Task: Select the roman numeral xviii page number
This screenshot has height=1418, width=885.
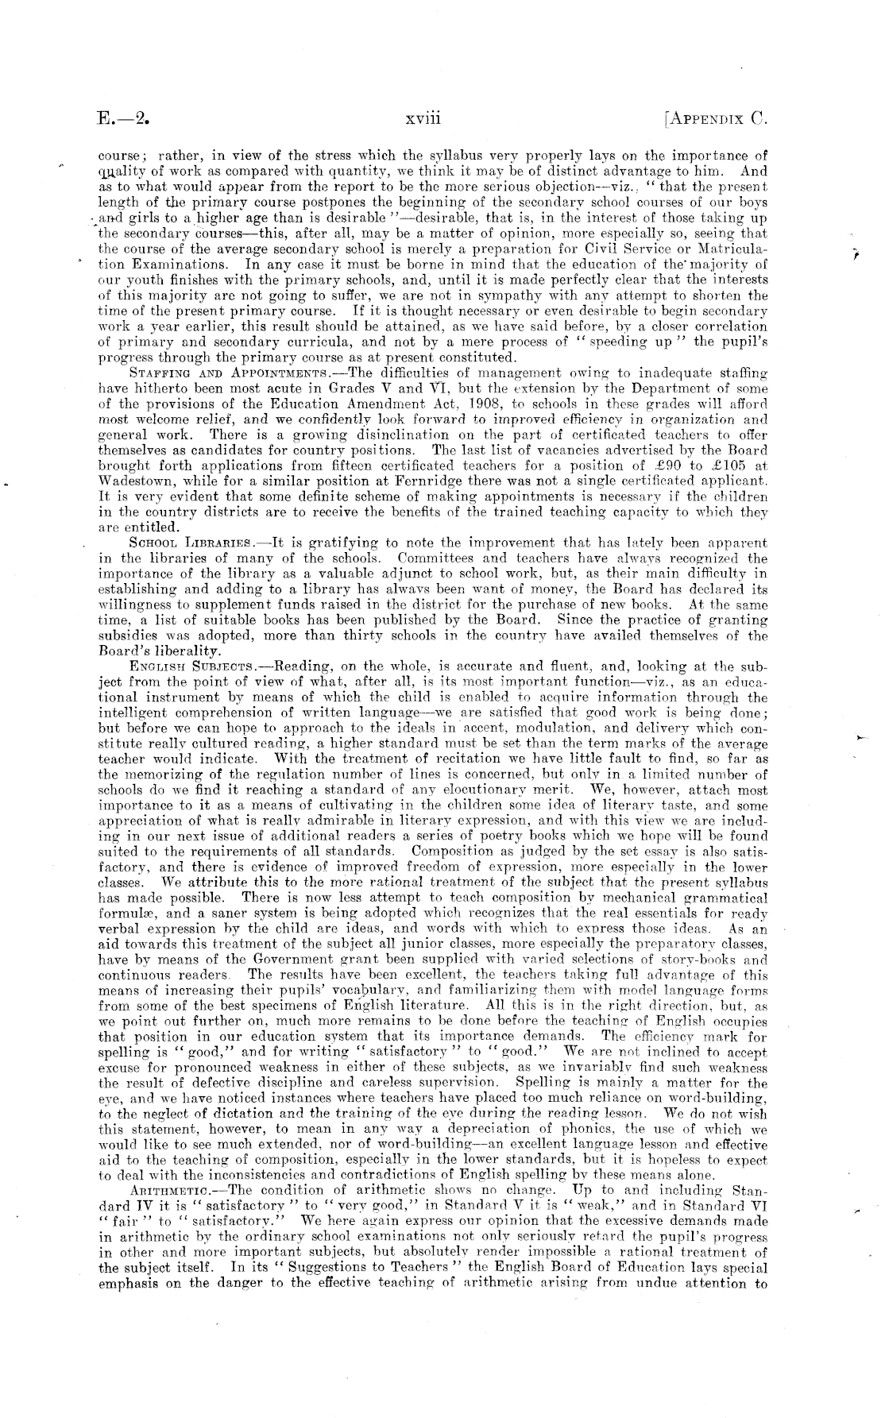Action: pos(422,119)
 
